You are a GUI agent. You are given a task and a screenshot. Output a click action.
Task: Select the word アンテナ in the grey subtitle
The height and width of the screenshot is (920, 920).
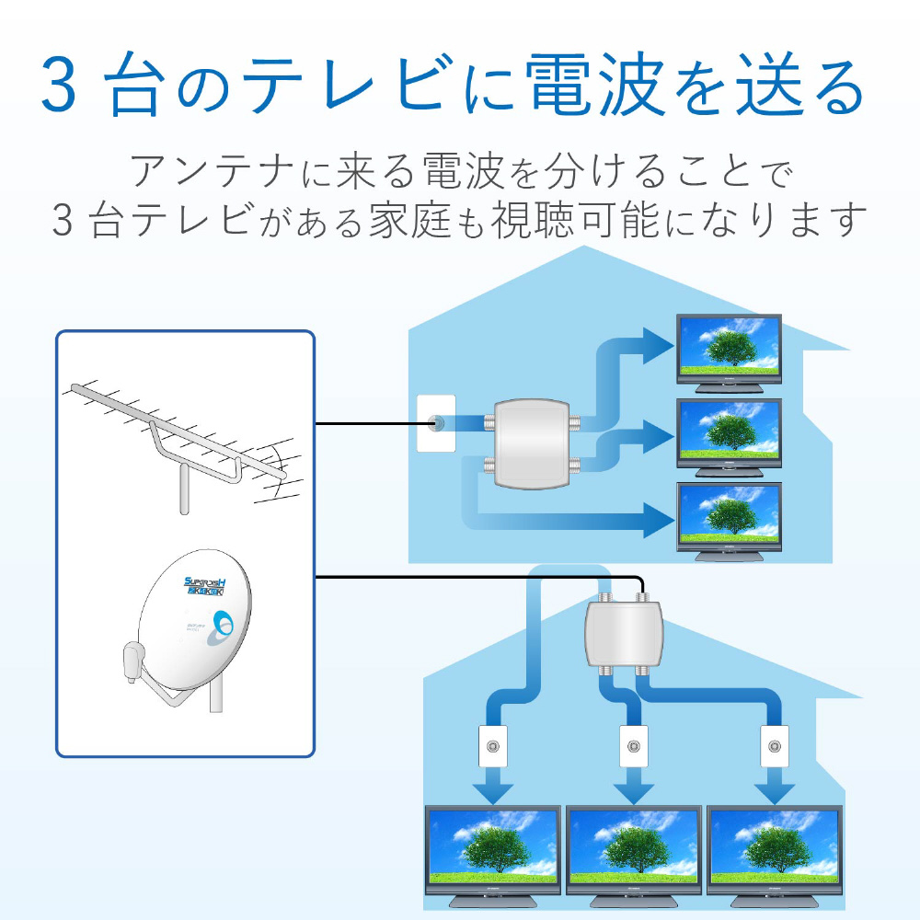tap(194, 172)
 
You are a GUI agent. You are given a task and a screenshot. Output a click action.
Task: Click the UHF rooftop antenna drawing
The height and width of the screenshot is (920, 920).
tap(179, 437)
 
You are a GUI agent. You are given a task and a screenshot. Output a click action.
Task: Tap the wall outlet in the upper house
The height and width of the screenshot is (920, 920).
tap(436, 424)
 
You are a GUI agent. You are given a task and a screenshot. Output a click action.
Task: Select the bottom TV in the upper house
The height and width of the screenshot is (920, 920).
tap(729, 518)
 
